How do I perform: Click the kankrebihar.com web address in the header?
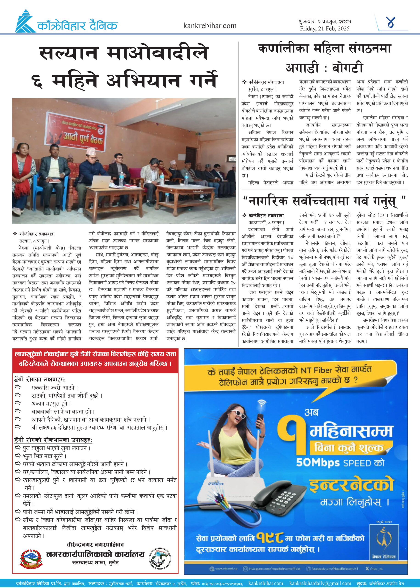(x=210, y=26)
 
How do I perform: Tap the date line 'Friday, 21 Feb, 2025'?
(x=325, y=28)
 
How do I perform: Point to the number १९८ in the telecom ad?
(x=271, y=538)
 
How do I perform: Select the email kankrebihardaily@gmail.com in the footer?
(x=320, y=583)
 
